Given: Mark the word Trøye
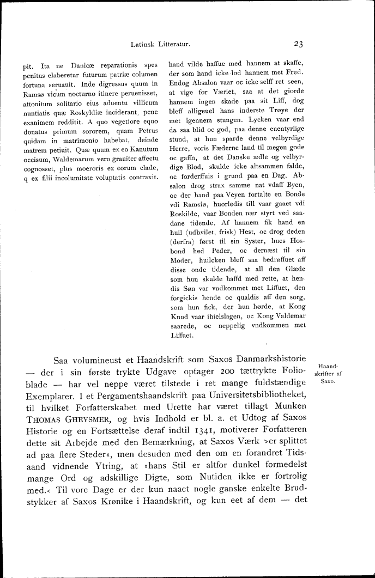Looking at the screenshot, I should (283, 109).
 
